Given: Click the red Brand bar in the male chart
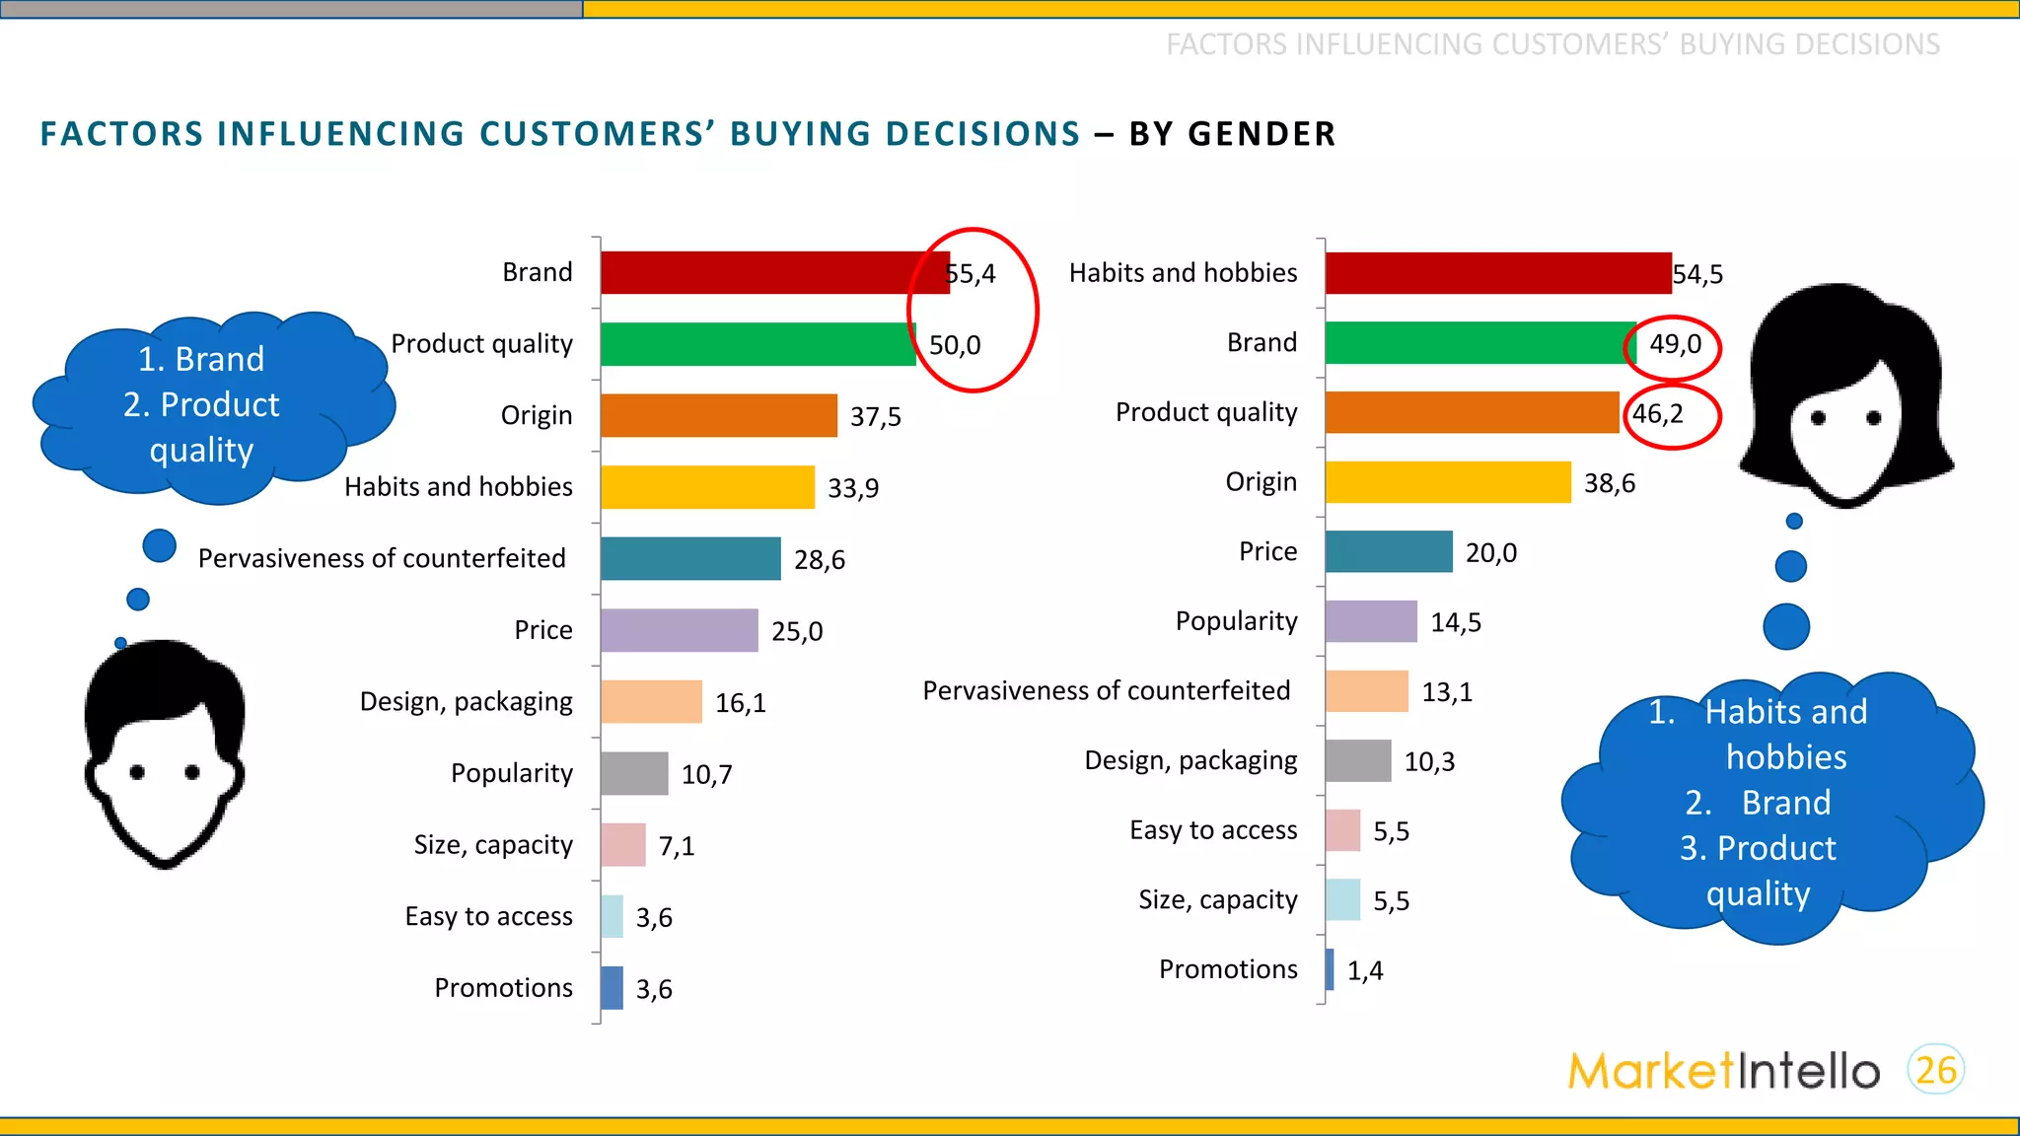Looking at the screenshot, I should tap(774, 273).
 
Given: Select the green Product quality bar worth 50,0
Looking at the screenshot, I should tap(757, 344).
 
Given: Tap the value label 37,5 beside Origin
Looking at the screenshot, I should tap(876, 417).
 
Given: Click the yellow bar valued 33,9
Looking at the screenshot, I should tap(707, 487).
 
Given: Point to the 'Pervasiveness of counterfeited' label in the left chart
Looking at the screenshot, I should tap(382, 558).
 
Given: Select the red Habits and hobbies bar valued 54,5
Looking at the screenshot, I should tap(1497, 273).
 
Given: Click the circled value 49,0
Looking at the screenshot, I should tap(1675, 344).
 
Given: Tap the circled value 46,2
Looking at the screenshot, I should tap(1658, 414).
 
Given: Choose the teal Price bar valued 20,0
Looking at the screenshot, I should tap(1388, 552).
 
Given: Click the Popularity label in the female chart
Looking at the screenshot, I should tap(1236, 621).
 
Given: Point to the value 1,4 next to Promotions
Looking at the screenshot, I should tap(1365, 971).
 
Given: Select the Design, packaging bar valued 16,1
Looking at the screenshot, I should tap(651, 702).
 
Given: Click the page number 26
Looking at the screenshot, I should tap(1936, 1070).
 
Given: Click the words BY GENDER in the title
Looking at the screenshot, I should tap(1232, 134).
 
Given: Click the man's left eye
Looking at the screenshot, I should tap(137, 772).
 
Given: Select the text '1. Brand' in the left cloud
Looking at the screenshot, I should tap(201, 359).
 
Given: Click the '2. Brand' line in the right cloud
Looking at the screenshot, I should tap(1758, 803).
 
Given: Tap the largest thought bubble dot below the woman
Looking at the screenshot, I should tap(1786, 626).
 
